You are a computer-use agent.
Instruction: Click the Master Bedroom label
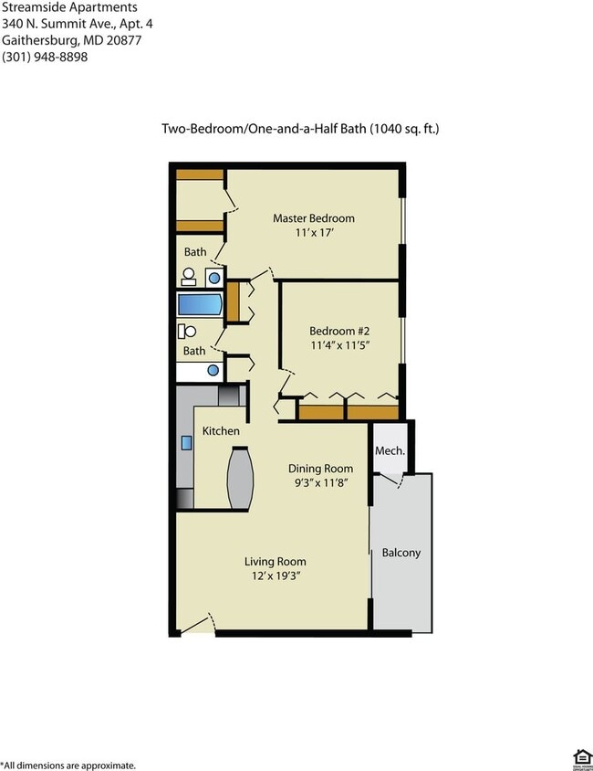coord(314,218)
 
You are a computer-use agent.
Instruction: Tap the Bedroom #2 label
coord(339,331)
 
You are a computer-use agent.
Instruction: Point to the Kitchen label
coord(221,431)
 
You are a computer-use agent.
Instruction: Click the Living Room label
coord(275,562)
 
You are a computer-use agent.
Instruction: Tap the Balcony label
coord(401,553)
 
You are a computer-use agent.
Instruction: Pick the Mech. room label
coord(390,451)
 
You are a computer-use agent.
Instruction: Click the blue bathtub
coord(200,304)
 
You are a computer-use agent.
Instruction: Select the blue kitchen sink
coord(186,443)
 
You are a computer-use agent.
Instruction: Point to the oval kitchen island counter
coord(240,478)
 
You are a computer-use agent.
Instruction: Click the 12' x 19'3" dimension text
coord(275,577)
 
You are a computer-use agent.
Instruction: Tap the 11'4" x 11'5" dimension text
coord(339,346)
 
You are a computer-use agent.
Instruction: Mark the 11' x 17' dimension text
coord(314,234)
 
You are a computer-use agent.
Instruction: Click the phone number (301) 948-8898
coord(45,57)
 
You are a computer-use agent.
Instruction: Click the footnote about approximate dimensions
coord(68,765)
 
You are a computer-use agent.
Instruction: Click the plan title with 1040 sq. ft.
coord(300,130)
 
